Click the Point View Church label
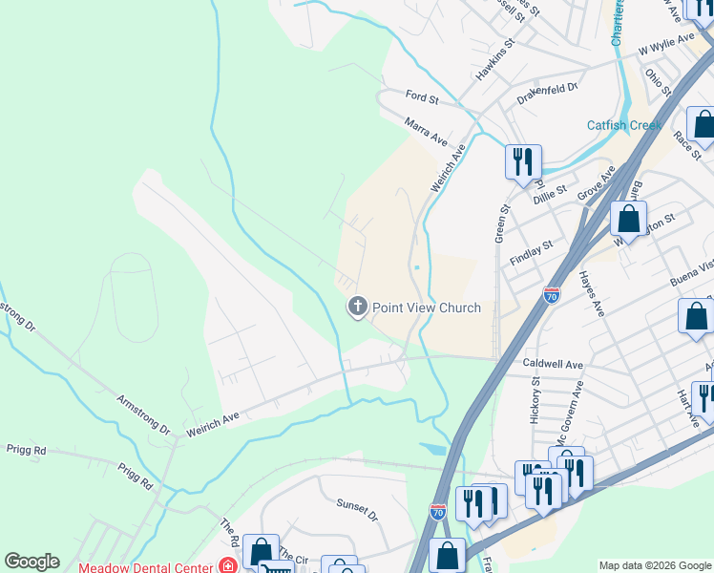coord(427,307)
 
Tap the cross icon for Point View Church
coord(357,307)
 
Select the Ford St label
coord(421,96)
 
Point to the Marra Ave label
coord(426,132)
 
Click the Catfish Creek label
coord(623,125)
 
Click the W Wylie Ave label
coord(667,43)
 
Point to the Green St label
coord(500,222)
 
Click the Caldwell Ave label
coord(553,365)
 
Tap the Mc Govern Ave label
coord(577,409)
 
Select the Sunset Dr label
coord(357,509)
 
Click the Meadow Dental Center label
coord(145,566)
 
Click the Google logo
coord(31,562)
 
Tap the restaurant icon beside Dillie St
coord(523,161)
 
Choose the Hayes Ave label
coord(591,293)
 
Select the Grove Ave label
coord(596,182)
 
